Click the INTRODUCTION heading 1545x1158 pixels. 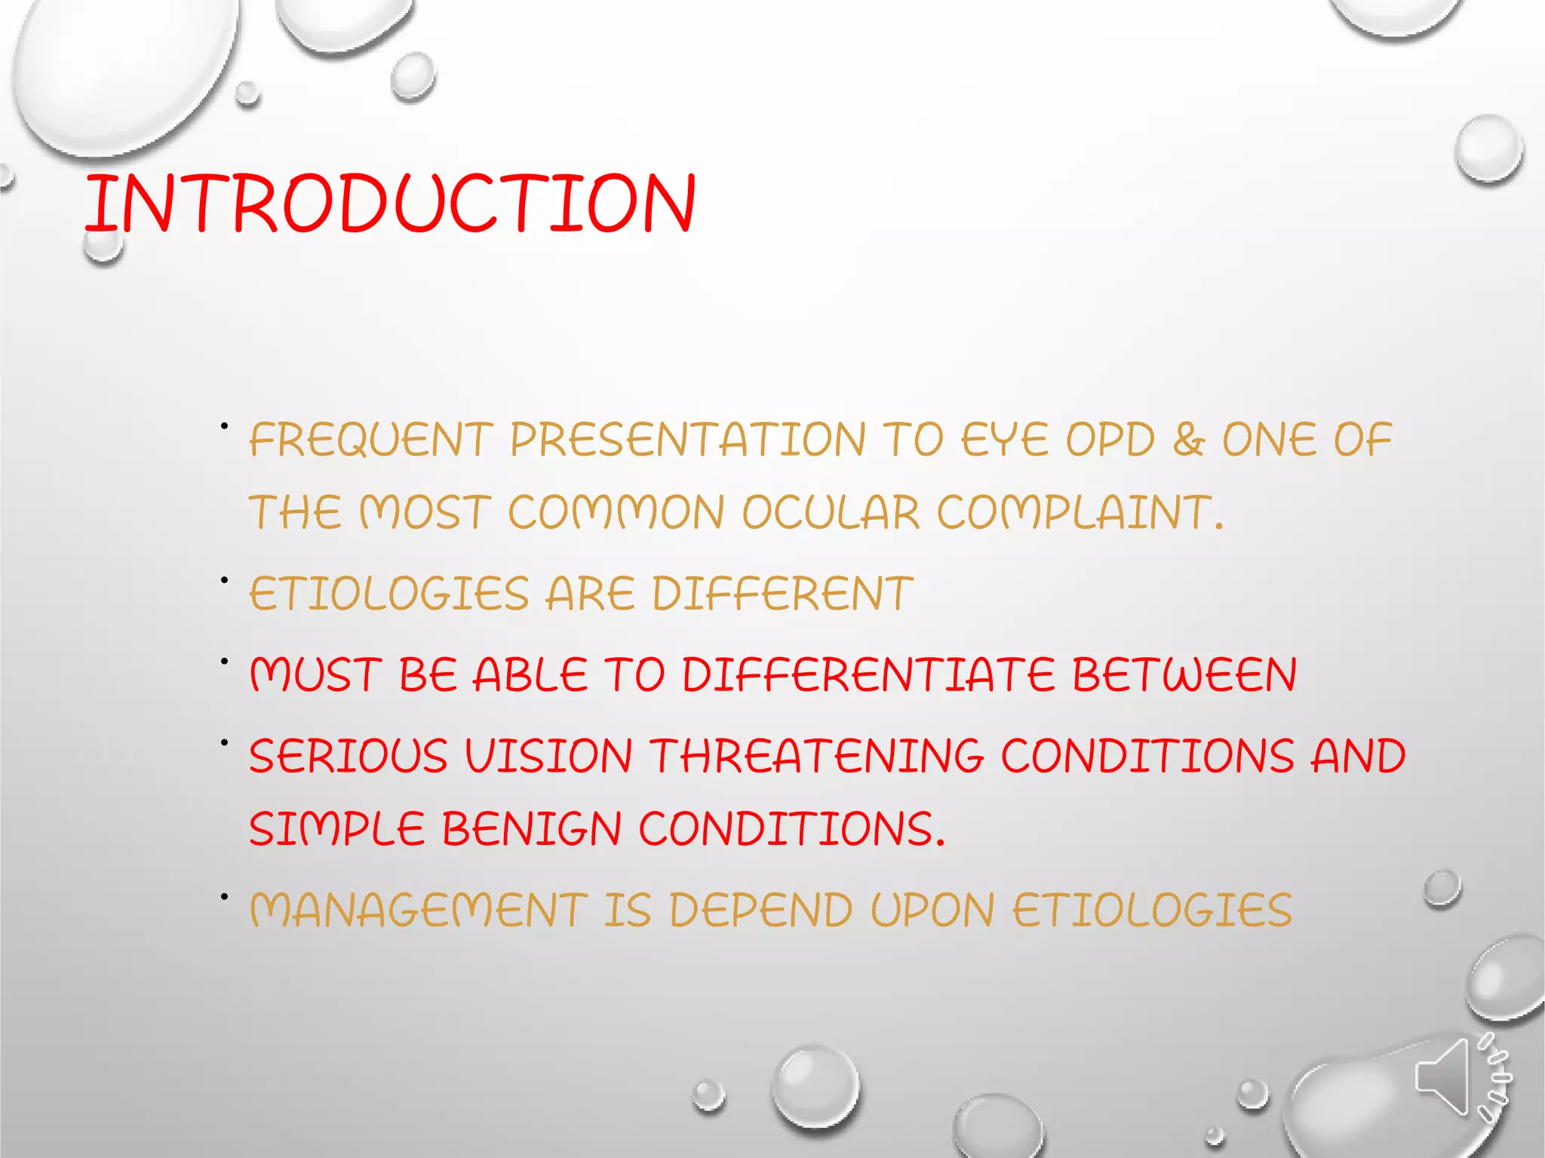coord(389,203)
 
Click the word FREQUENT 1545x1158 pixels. coord(370,441)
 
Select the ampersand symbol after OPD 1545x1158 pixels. coord(1188,440)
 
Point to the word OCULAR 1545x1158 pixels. coord(831,513)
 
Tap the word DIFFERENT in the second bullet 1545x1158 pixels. coord(782,594)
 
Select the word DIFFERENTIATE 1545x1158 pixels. coord(868,674)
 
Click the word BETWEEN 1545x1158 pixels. coord(1184,674)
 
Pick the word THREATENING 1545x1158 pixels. coord(816,756)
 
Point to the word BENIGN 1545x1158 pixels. coord(531,829)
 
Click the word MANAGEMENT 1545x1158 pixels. coord(419,910)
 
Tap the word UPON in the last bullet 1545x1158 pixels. coord(932,910)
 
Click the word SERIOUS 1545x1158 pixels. coord(348,756)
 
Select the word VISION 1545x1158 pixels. coord(548,756)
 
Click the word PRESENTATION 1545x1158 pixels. coord(687,441)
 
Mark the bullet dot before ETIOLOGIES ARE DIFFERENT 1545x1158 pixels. coord(224,580)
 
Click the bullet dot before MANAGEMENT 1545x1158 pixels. coord(224,896)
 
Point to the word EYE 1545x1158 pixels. coord(1005,441)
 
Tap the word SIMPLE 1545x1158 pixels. coord(336,829)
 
